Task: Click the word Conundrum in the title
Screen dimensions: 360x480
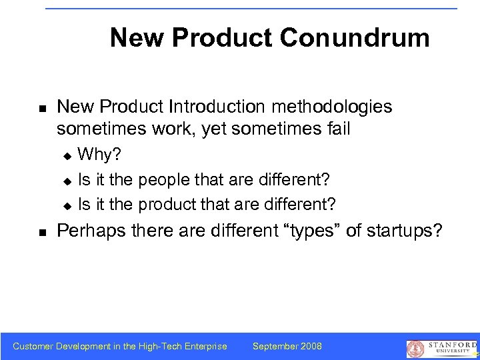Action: pyautogui.click(x=355, y=38)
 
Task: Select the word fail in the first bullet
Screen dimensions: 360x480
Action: pyautogui.click(x=336, y=128)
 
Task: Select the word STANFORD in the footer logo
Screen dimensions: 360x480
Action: pyautogui.click(x=448, y=344)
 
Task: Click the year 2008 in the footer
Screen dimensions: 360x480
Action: pyautogui.click(x=310, y=346)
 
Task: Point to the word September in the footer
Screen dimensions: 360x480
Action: pyautogui.click(x=275, y=346)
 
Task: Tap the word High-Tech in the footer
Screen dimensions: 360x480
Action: pyautogui.click(x=158, y=346)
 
